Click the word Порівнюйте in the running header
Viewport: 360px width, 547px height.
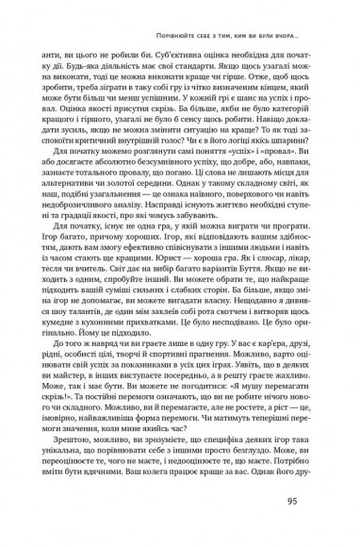coord(172,37)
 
